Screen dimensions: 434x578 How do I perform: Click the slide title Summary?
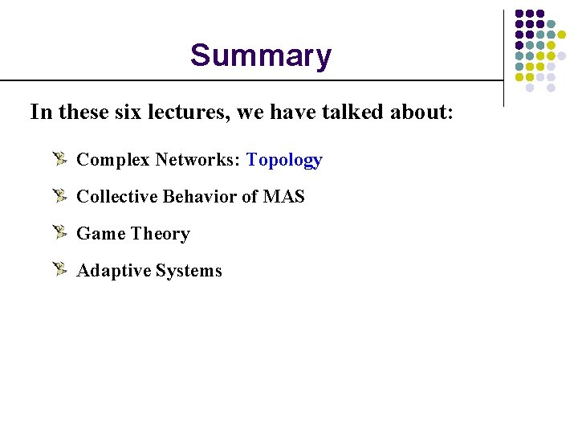(x=260, y=56)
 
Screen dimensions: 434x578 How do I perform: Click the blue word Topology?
(x=284, y=160)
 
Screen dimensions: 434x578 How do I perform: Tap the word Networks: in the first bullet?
(x=198, y=160)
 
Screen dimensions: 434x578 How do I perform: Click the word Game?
(x=101, y=234)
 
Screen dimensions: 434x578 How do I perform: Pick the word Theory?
(x=161, y=234)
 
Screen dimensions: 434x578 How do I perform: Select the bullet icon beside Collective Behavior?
(x=59, y=195)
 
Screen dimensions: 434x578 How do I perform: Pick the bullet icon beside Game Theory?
(x=59, y=232)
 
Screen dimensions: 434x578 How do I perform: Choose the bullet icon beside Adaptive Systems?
(x=59, y=269)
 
